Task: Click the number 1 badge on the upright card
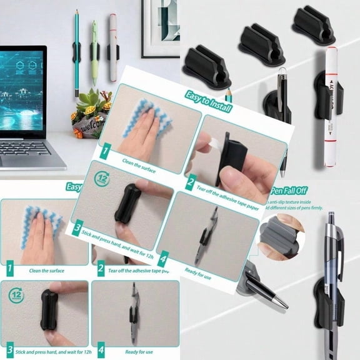[10, 270]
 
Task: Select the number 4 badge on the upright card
[101, 352]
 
